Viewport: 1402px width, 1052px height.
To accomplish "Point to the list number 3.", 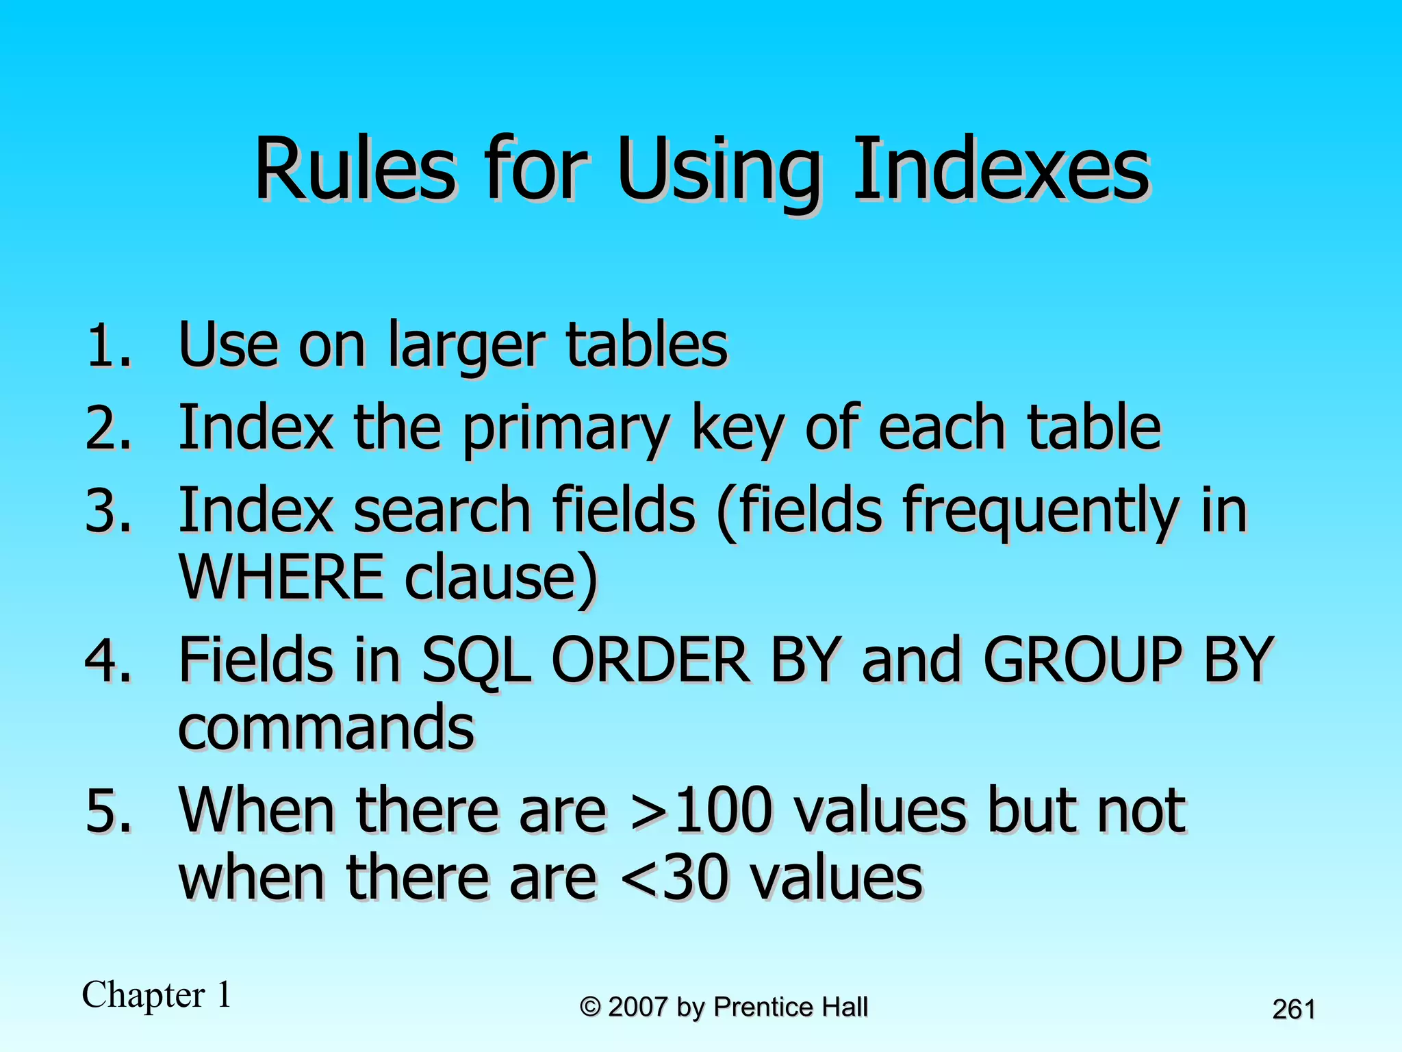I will click(x=108, y=511).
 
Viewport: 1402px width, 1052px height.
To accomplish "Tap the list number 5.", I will click(x=108, y=812).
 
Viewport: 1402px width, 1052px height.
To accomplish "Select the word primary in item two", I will click(x=565, y=430).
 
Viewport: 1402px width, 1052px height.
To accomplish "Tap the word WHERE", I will click(x=281, y=577).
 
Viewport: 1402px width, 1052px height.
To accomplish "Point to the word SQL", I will click(x=476, y=660).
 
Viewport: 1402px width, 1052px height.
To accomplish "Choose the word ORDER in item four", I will click(x=650, y=660).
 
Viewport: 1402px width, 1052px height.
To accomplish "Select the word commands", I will click(x=326, y=727).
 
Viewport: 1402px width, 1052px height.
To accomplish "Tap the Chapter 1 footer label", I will click(x=157, y=994).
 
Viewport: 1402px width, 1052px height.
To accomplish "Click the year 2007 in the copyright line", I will click(x=637, y=1007).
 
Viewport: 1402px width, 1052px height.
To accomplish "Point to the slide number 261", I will click(x=1293, y=1010).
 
